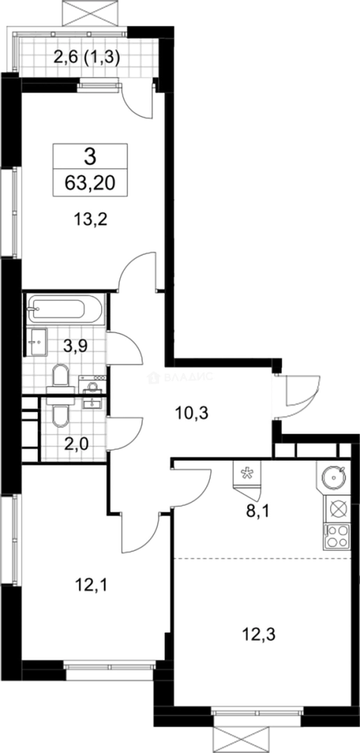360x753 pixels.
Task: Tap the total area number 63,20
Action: (91, 183)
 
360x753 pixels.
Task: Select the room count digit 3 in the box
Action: (90, 155)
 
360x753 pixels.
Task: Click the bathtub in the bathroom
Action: (66, 307)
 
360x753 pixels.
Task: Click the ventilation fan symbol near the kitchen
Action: (246, 472)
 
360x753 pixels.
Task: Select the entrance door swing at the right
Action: (301, 395)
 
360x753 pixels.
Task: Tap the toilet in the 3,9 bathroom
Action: (60, 376)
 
